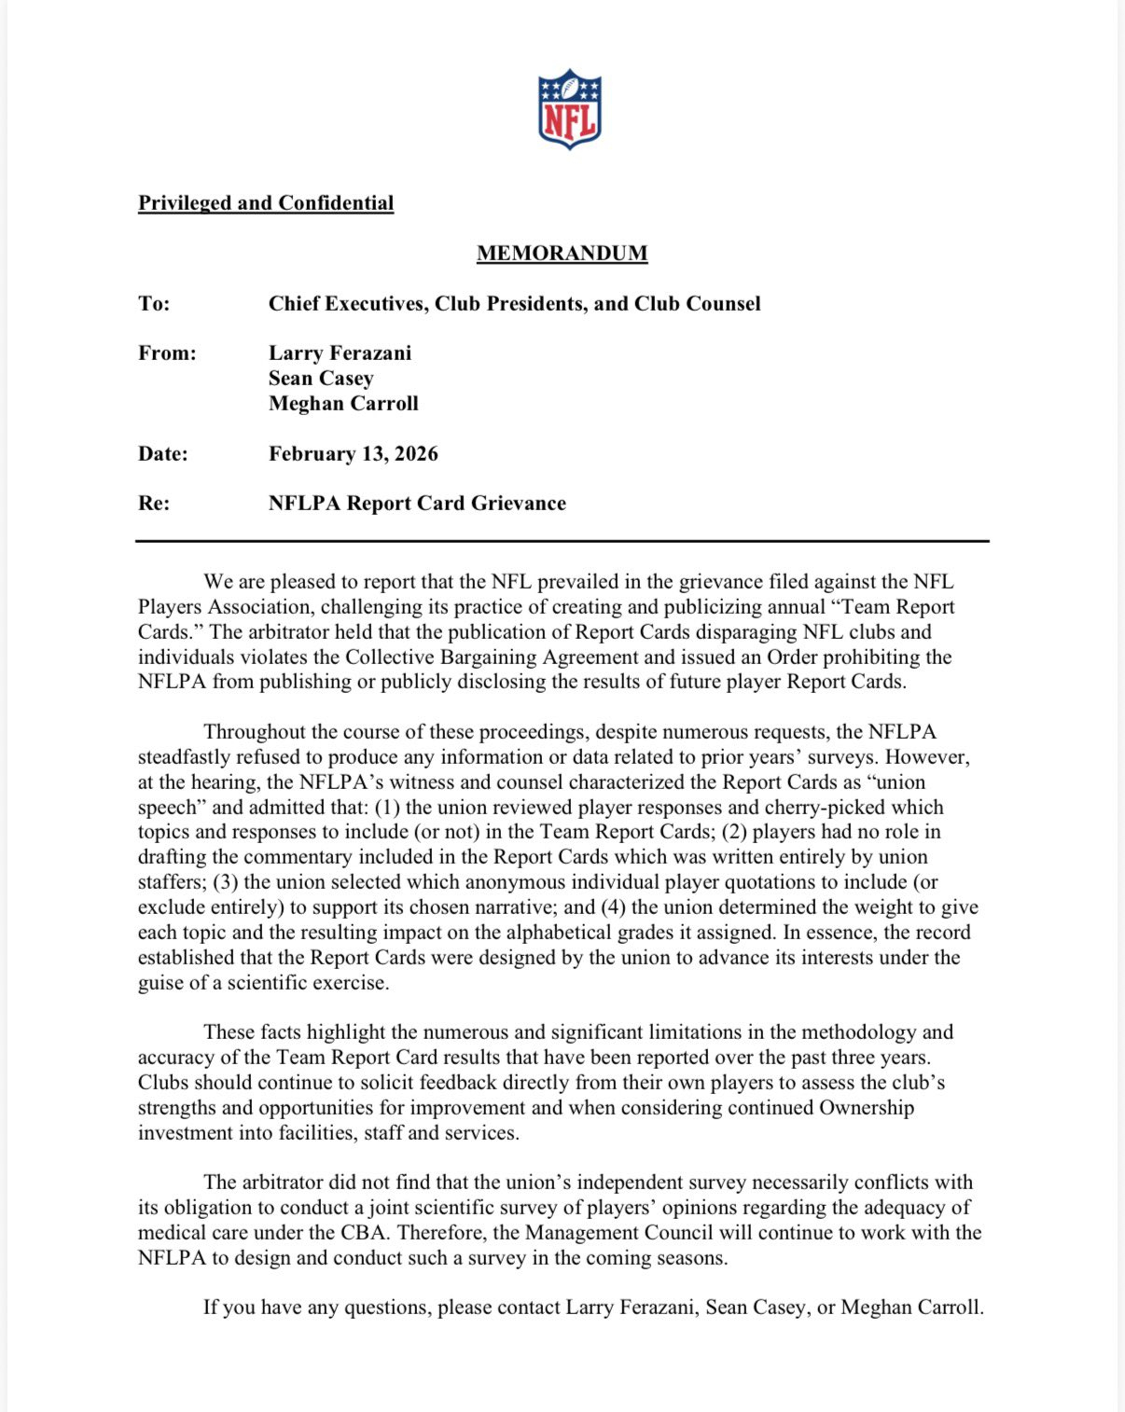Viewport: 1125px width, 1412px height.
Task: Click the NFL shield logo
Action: tap(569, 108)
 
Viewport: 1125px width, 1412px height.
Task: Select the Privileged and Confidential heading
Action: tap(266, 203)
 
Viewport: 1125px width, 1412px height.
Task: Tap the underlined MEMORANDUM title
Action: tap(562, 254)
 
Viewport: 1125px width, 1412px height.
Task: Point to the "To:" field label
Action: tap(154, 304)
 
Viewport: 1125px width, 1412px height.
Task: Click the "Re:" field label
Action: tap(154, 504)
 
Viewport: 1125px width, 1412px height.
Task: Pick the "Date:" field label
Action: tap(163, 454)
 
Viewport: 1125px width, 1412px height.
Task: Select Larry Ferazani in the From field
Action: tap(340, 353)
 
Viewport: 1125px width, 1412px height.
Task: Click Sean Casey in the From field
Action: tap(321, 379)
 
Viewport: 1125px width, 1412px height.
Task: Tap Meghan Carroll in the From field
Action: tap(343, 404)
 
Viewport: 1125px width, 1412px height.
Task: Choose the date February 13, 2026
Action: tap(353, 454)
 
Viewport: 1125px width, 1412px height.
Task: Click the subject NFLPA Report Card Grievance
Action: tap(417, 504)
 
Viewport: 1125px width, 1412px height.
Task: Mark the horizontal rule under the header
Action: tap(562, 541)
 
